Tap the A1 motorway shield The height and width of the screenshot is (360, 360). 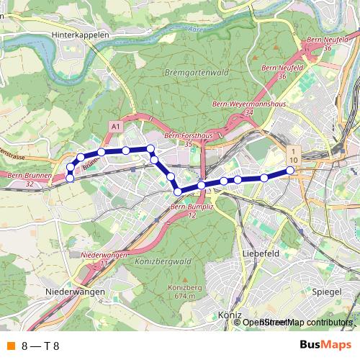(x=115, y=126)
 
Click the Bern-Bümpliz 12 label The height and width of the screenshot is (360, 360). (x=189, y=211)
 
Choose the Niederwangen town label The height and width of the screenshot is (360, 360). (x=75, y=292)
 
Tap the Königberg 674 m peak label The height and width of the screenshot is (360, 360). (x=181, y=292)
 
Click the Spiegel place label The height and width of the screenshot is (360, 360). (x=328, y=292)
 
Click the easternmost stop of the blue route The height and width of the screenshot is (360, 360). (x=291, y=171)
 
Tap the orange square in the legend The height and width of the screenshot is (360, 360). (x=10, y=346)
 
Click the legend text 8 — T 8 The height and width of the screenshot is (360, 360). (x=40, y=346)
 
